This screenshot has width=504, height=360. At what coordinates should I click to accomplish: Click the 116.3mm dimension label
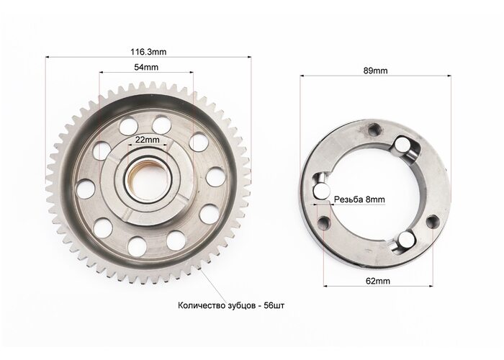click(x=148, y=52)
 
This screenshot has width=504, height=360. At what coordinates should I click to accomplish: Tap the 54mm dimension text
click(x=146, y=67)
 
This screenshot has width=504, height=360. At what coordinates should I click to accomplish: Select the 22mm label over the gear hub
click(x=147, y=140)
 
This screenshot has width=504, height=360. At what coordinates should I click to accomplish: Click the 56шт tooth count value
click(x=274, y=305)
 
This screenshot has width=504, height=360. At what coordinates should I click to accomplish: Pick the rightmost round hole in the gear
click(x=215, y=177)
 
